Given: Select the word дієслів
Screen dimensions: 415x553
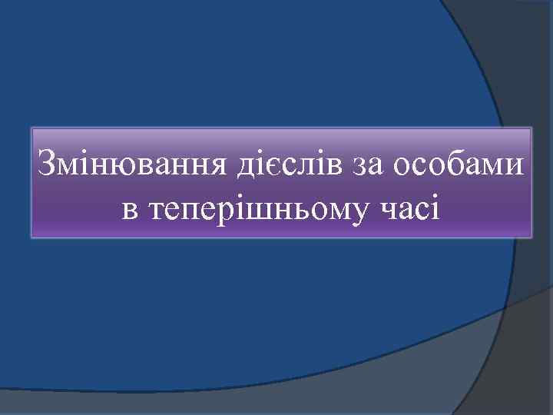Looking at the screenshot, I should coord(287,165).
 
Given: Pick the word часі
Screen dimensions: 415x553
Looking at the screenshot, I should coord(412,208).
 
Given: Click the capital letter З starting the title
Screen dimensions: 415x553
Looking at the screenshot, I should coord(47,164).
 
